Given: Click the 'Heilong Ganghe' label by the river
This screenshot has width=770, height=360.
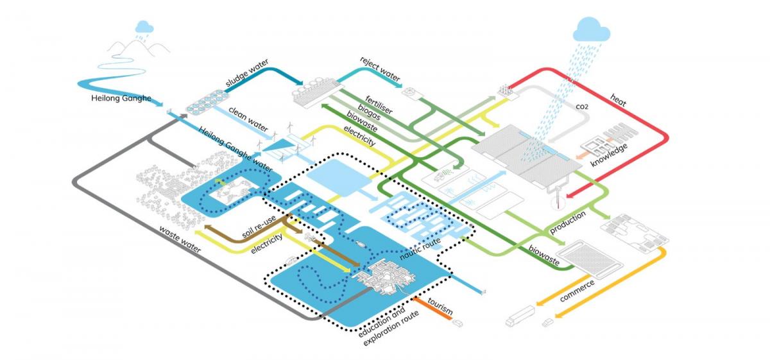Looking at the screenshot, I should pos(121,99).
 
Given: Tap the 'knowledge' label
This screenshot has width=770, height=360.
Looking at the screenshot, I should pos(610,153).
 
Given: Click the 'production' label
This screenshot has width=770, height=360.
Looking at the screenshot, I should pos(567,221).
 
